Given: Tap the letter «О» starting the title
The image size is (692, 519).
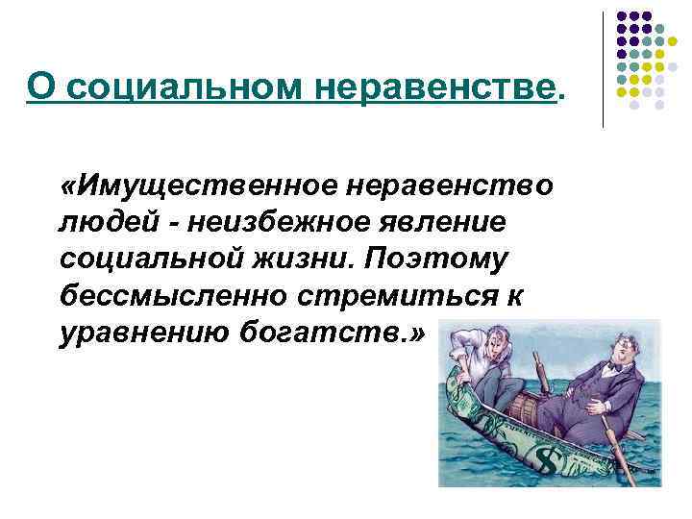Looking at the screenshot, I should (x=39, y=89).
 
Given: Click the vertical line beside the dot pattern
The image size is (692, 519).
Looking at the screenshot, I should (x=603, y=68).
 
